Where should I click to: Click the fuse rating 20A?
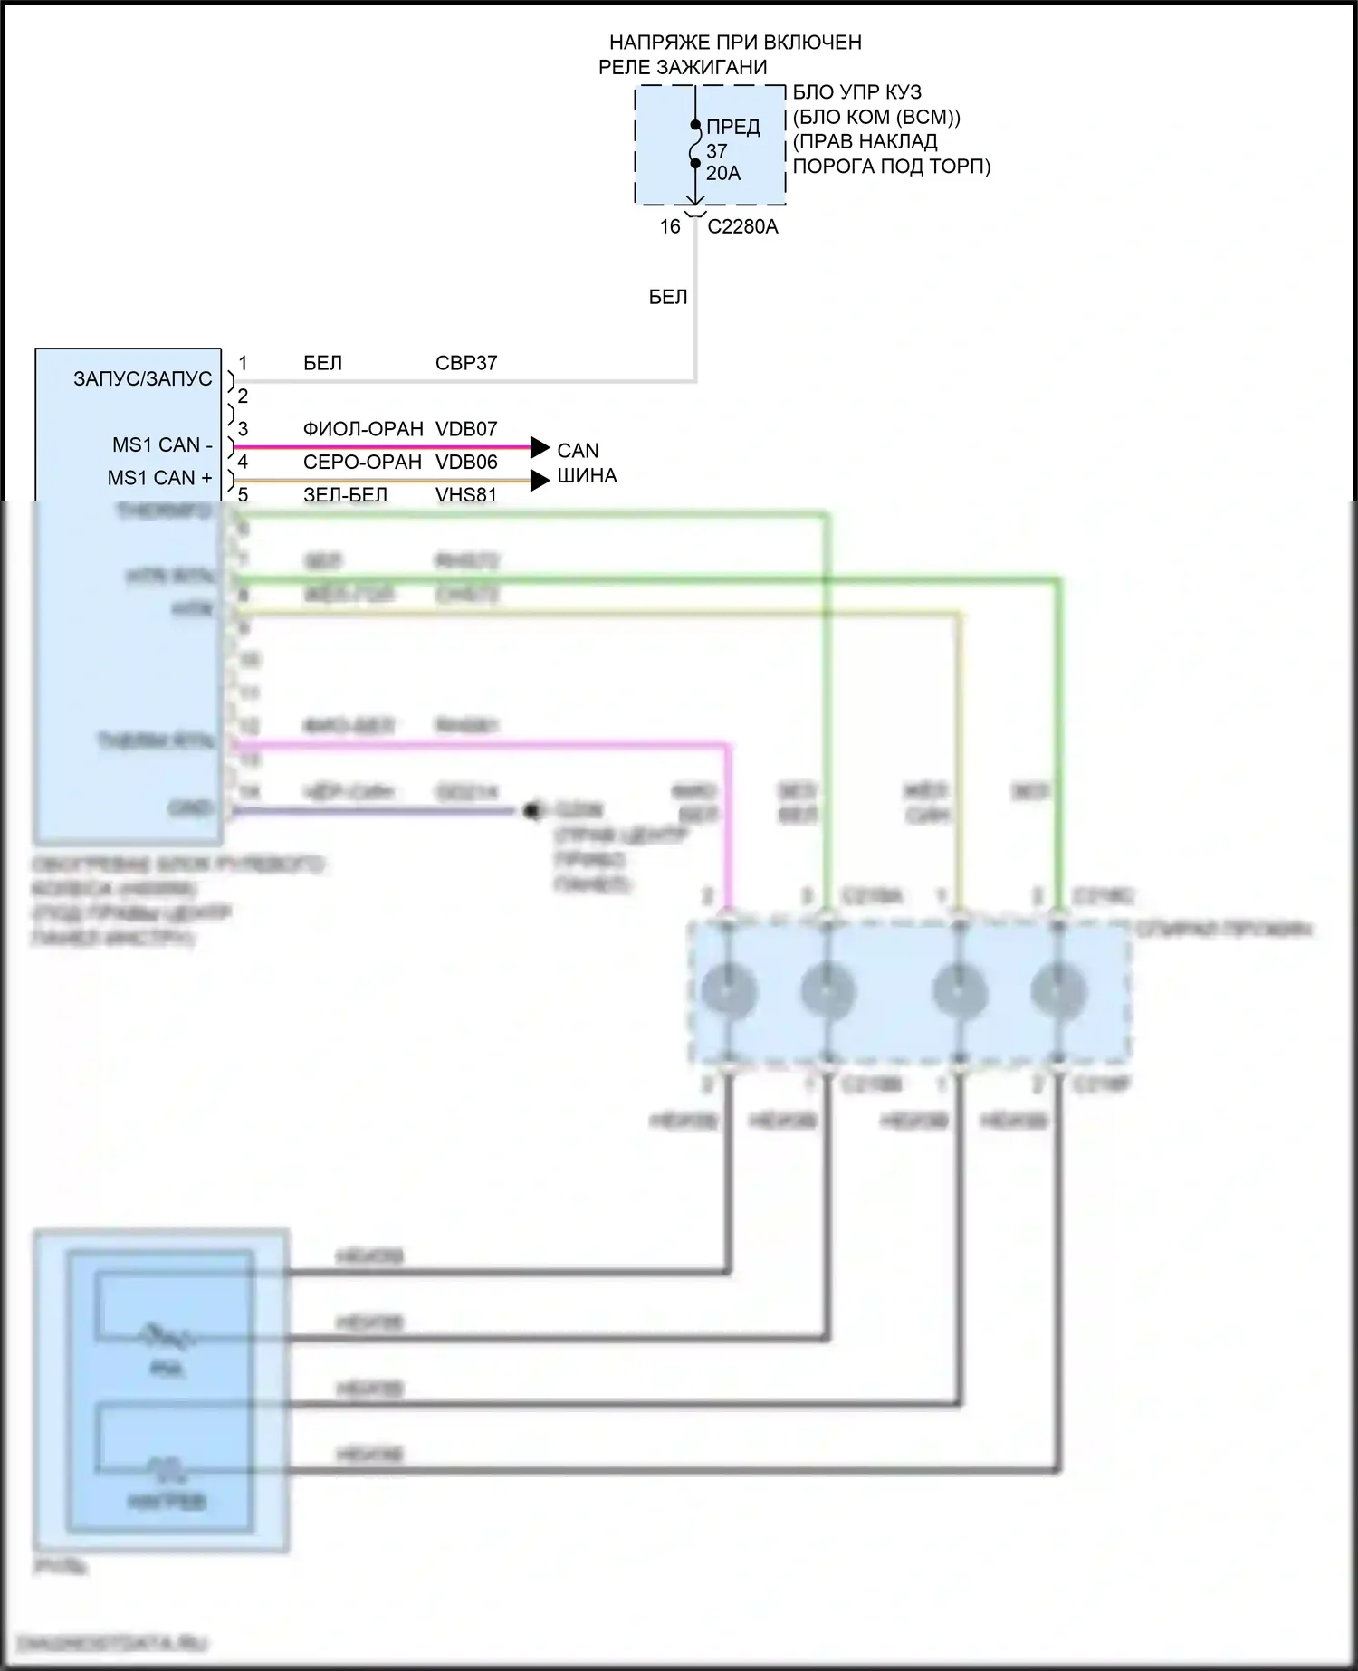point(723,173)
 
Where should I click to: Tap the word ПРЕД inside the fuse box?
point(732,127)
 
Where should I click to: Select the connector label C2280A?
point(742,226)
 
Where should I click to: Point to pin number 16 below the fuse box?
point(669,226)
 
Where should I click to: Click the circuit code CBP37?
point(466,363)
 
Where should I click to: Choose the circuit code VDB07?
point(466,429)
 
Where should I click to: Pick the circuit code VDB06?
point(466,462)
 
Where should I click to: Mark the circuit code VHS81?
point(466,493)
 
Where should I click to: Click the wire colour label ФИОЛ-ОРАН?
point(363,429)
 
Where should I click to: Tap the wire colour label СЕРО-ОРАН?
point(362,462)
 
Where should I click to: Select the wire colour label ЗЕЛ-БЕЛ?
point(345,493)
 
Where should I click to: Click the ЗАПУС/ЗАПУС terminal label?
point(143,378)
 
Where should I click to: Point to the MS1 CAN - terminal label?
point(162,444)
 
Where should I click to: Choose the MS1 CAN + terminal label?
point(160,477)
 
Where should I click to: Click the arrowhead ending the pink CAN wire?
point(540,447)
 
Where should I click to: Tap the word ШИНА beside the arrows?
point(587,475)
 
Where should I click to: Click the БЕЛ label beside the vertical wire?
point(668,297)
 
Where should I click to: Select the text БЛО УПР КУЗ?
point(856,92)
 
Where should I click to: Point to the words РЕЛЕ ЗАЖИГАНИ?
point(683,67)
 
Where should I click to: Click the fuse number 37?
point(716,151)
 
